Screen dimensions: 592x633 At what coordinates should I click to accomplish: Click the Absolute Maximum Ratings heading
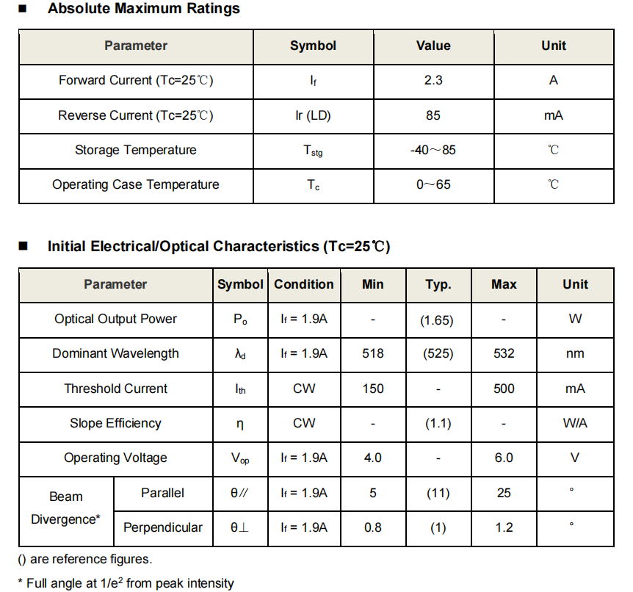pyautogui.click(x=143, y=10)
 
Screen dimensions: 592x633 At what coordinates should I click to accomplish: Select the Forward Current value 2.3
pyautogui.click(x=433, y=80)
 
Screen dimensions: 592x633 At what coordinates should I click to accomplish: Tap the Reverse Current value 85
pyautogui.click(x=433, y=115)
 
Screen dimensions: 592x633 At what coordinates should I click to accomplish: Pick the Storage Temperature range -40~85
pyautogui.click(x=433, y=150)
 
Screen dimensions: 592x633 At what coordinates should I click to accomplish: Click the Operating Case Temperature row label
pyautogui.click(x=136, y=184)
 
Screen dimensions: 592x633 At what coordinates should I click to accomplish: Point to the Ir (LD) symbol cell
pyautogui.click(x=313, y=115)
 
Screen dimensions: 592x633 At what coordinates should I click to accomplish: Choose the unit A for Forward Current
pyautogui.click(x=554, y=80)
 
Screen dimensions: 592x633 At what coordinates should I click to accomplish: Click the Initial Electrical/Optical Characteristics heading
pyautogui.click(x=218, y=247)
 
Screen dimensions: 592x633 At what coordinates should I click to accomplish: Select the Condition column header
pyautogui.click(x=304, y=284)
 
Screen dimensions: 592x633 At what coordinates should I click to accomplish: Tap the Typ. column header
pyautogui.click(x=438, y=284)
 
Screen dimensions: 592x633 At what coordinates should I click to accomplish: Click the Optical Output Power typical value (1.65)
pyautogui.click(x=438, y=320)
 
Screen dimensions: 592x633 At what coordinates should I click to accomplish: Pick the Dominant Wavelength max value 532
pyautogui.click(x=504, y=353)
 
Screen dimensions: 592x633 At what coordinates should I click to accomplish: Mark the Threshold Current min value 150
pyautogui.click(x=373, y=389)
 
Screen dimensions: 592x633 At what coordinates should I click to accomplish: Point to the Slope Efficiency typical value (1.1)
pyautogui.click(x=438, y=423)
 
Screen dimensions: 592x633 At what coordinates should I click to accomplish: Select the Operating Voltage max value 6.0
pyautogui.click(x=504, y=458)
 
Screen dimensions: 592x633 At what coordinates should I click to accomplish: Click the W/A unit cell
pyautogui.click(x=575, y=423)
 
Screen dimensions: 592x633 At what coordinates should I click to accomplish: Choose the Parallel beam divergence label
pyautogui.click(x=162, y=493)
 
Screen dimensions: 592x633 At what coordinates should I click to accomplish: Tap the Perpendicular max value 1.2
pyautogui.click(x=504, y=527)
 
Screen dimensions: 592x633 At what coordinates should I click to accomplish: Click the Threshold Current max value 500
pyautogui.click(x=504, y=389)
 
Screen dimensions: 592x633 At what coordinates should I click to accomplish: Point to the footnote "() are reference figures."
pyautogui.click(x=85, y=560)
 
